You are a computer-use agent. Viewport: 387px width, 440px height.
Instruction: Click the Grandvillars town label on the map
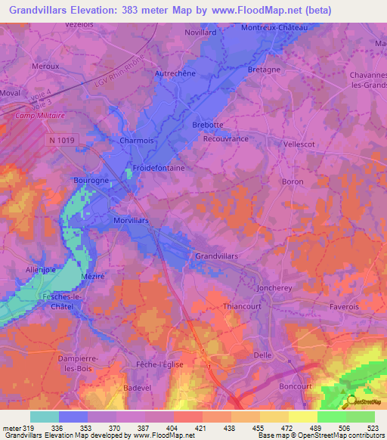[x=216, y=256]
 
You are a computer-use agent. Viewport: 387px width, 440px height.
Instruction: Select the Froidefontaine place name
[x=159, y=169]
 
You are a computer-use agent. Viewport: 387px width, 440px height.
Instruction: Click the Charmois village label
[x=136, y=140]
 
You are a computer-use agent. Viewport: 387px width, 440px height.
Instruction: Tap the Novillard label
[x=201, y=33]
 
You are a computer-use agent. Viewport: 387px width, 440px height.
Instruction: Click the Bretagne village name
[x=264, y=70]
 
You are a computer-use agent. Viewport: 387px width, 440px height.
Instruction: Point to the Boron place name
[x=292, y=181]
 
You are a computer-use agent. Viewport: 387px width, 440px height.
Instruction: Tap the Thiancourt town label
[x=241, y=307]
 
